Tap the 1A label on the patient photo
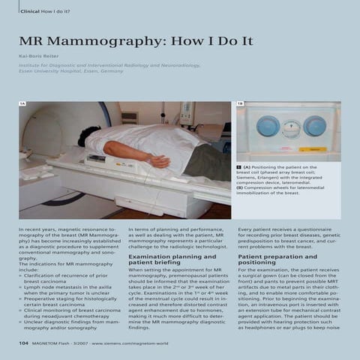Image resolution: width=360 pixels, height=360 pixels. point(23,105)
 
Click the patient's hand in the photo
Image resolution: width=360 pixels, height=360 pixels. point(160,161)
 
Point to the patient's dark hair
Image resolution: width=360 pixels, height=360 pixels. point(88,135)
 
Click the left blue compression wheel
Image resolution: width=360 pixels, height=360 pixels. point(268,126)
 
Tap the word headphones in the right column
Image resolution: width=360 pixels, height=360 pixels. point(259,328)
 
